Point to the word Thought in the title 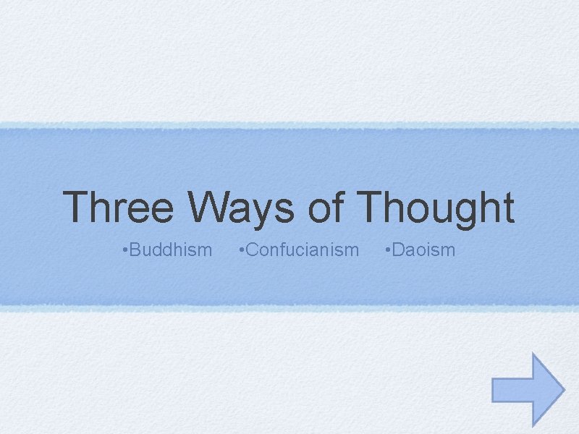(x=436, y=208)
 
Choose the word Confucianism (x=302, y=250)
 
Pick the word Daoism (x=424, y=250)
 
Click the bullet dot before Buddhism (x=125, y=251)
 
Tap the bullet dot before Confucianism (x=241, y=251)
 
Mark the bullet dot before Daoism (x=389, y=251)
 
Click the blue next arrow (x=528, y=388)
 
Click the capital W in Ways (x=212, y=208)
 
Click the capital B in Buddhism (x=136, y=250)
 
